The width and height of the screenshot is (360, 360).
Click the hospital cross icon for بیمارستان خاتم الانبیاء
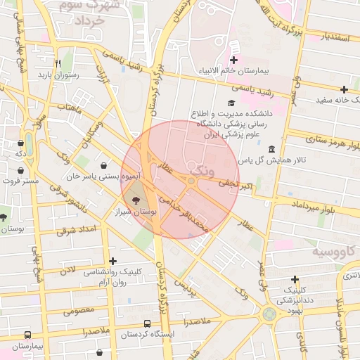pyautogui.click(x=233, y=60)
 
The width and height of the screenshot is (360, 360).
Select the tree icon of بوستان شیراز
pyautogui.click(x=135, y=200)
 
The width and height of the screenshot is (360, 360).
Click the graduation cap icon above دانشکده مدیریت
pyautogui.click(x=231, y=103)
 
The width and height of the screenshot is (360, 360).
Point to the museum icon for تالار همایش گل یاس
pyautogui.click(x=272, y=149)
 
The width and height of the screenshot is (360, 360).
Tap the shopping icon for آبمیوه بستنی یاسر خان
pyautogui.click(x=104, y=166)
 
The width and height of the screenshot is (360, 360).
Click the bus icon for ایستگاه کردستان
pyautogui.click(x=146, y=323)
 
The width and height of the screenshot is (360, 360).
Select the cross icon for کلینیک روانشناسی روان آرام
pyautogui.click(x=112, y=261)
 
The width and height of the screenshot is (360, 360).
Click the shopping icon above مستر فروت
pyautogui.click(x=21, y=170)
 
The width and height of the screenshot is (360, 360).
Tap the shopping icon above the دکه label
pyautogui.click(x=21, y=143)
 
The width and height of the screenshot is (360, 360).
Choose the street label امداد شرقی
pyautogui.click(x=75, y=229)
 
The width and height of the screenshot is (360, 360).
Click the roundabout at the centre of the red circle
pyautogui.click(x=191, y=181)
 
